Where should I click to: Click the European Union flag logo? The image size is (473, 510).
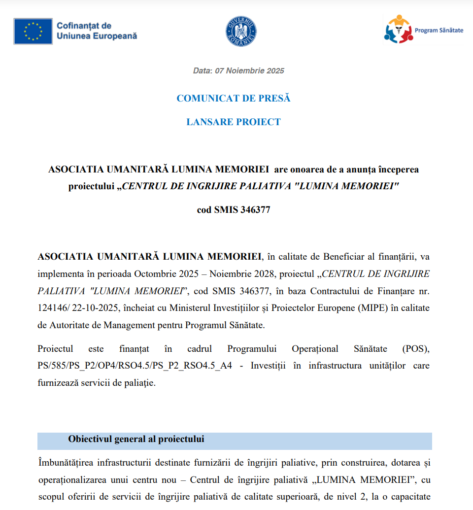click(33, 31)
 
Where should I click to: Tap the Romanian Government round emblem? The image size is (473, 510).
click(241, 32)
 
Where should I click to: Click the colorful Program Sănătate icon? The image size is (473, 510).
click(398, 29)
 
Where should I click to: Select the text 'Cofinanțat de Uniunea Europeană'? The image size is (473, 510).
click(97, 31)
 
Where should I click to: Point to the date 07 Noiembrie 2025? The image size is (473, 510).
click(249, 71)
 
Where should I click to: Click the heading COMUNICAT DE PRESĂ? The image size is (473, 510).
click(234, 98)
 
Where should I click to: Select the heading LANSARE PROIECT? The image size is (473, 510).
click(234, 122)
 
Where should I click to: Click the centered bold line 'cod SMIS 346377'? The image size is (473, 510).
click(234, 210)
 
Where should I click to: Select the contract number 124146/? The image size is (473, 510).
click(54, 307)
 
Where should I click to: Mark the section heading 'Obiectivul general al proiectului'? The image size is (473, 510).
click(136, 439)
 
